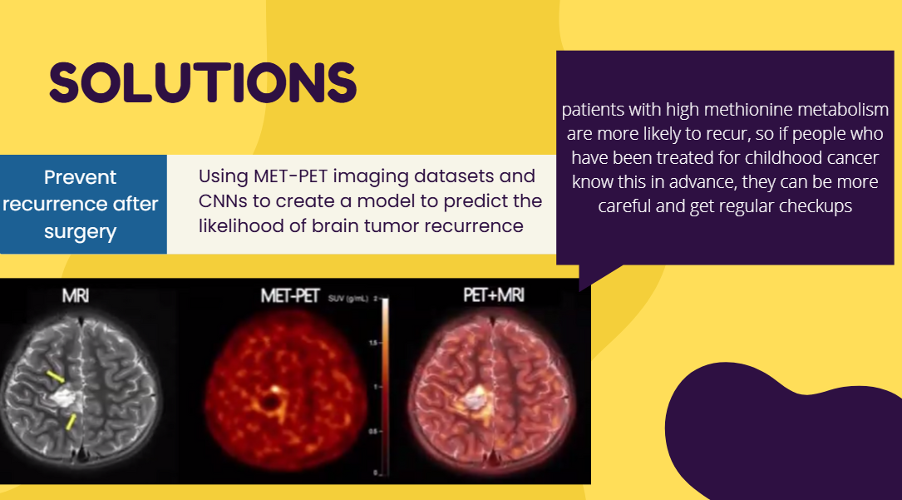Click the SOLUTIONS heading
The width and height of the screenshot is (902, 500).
203,82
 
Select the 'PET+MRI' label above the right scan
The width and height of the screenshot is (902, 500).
494,296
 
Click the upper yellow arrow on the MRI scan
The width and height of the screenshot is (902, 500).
55,378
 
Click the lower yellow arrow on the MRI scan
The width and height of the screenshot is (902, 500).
71,422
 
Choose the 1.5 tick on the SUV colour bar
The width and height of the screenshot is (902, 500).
375,342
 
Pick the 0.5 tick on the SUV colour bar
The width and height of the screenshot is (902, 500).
375,431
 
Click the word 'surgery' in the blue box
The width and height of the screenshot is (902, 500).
81,232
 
